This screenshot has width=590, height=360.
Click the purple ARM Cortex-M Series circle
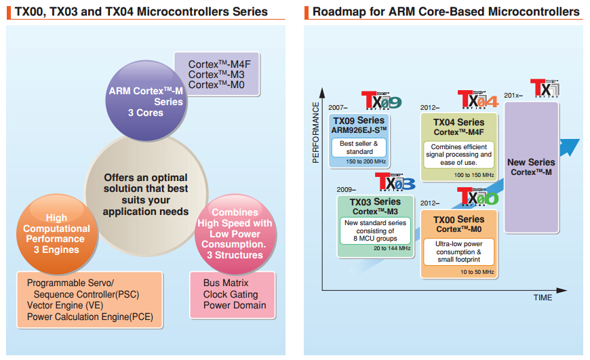coord(146,100)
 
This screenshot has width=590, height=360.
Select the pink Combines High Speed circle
coord(233,233)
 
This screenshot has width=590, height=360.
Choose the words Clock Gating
coord(231,294)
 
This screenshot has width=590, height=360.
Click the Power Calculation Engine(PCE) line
coord(90,317)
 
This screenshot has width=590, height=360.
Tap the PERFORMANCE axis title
coord(316,132)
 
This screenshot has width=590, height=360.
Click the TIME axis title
coord(543,298)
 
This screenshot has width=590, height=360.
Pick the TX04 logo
coord(477,100)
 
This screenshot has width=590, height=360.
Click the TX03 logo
coord(395,183)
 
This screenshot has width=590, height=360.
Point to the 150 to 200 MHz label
coord(367,161)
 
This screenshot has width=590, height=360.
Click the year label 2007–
coord(338,107)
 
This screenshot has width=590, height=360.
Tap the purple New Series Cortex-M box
coord(531,167)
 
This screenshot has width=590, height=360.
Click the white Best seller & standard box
coord(359,147)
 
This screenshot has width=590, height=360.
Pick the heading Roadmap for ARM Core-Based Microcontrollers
coord(446,12)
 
